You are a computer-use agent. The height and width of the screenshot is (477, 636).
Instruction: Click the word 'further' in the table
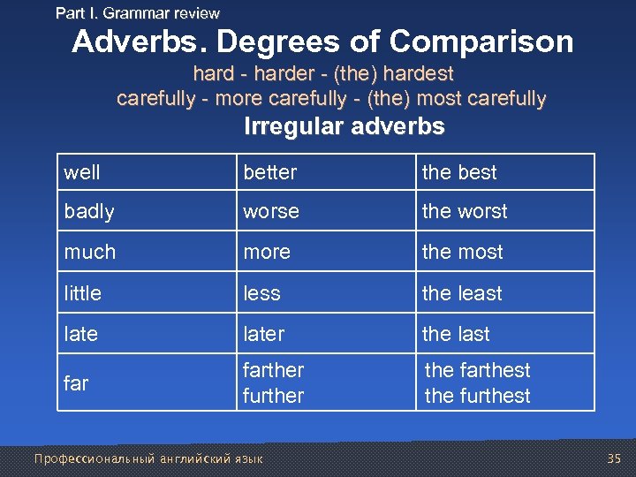coord(274,396)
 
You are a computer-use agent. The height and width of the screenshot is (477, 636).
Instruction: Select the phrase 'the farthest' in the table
coord(478,370)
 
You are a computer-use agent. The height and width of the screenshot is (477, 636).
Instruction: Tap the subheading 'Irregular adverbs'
coord(344,127)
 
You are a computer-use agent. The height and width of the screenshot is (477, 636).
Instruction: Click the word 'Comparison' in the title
coord(481,42)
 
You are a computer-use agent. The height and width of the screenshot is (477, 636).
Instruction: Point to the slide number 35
coord(614,458)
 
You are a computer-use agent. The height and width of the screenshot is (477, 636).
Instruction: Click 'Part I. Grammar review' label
coord(138,13)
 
